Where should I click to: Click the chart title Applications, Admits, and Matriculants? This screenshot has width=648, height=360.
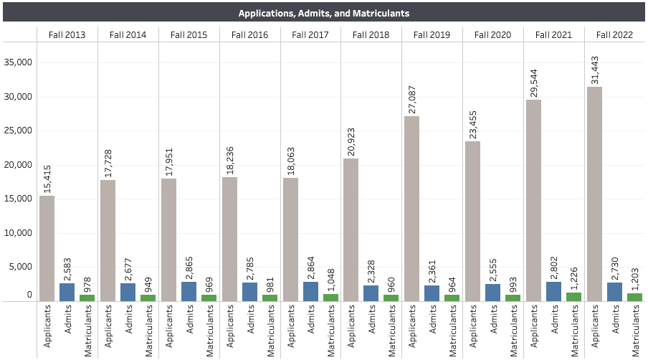[323, 13]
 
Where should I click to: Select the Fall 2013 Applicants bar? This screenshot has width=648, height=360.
[47, 249]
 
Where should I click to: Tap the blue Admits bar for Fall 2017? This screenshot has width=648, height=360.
[311, 292]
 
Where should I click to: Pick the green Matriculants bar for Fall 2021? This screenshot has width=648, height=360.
[574, 297]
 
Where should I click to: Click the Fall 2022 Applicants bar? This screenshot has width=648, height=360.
[594, 194]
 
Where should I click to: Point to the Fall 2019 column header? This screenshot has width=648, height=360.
[432, 34]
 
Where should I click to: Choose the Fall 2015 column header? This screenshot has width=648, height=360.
[189, 34]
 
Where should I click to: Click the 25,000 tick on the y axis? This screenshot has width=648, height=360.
[18, 131]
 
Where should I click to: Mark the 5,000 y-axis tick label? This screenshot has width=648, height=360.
[20, 267]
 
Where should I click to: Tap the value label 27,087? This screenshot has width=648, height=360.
[412, 100]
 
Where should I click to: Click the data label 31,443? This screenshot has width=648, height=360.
[595, 70]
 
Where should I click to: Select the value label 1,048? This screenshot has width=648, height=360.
[331, 280]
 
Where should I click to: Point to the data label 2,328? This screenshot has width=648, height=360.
[371, 272]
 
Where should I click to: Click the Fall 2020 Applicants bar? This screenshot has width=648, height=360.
[473, 222]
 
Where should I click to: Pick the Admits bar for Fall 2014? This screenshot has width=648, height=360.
[128, 293]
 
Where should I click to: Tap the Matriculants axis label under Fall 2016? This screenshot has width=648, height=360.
[270, 331]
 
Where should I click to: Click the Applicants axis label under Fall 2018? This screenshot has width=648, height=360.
[351, 326]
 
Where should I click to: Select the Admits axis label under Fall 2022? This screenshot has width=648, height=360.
[615, 319]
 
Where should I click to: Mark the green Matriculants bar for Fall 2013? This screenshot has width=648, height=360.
[87, 298]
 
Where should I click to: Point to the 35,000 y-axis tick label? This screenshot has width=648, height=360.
[18, 62]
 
